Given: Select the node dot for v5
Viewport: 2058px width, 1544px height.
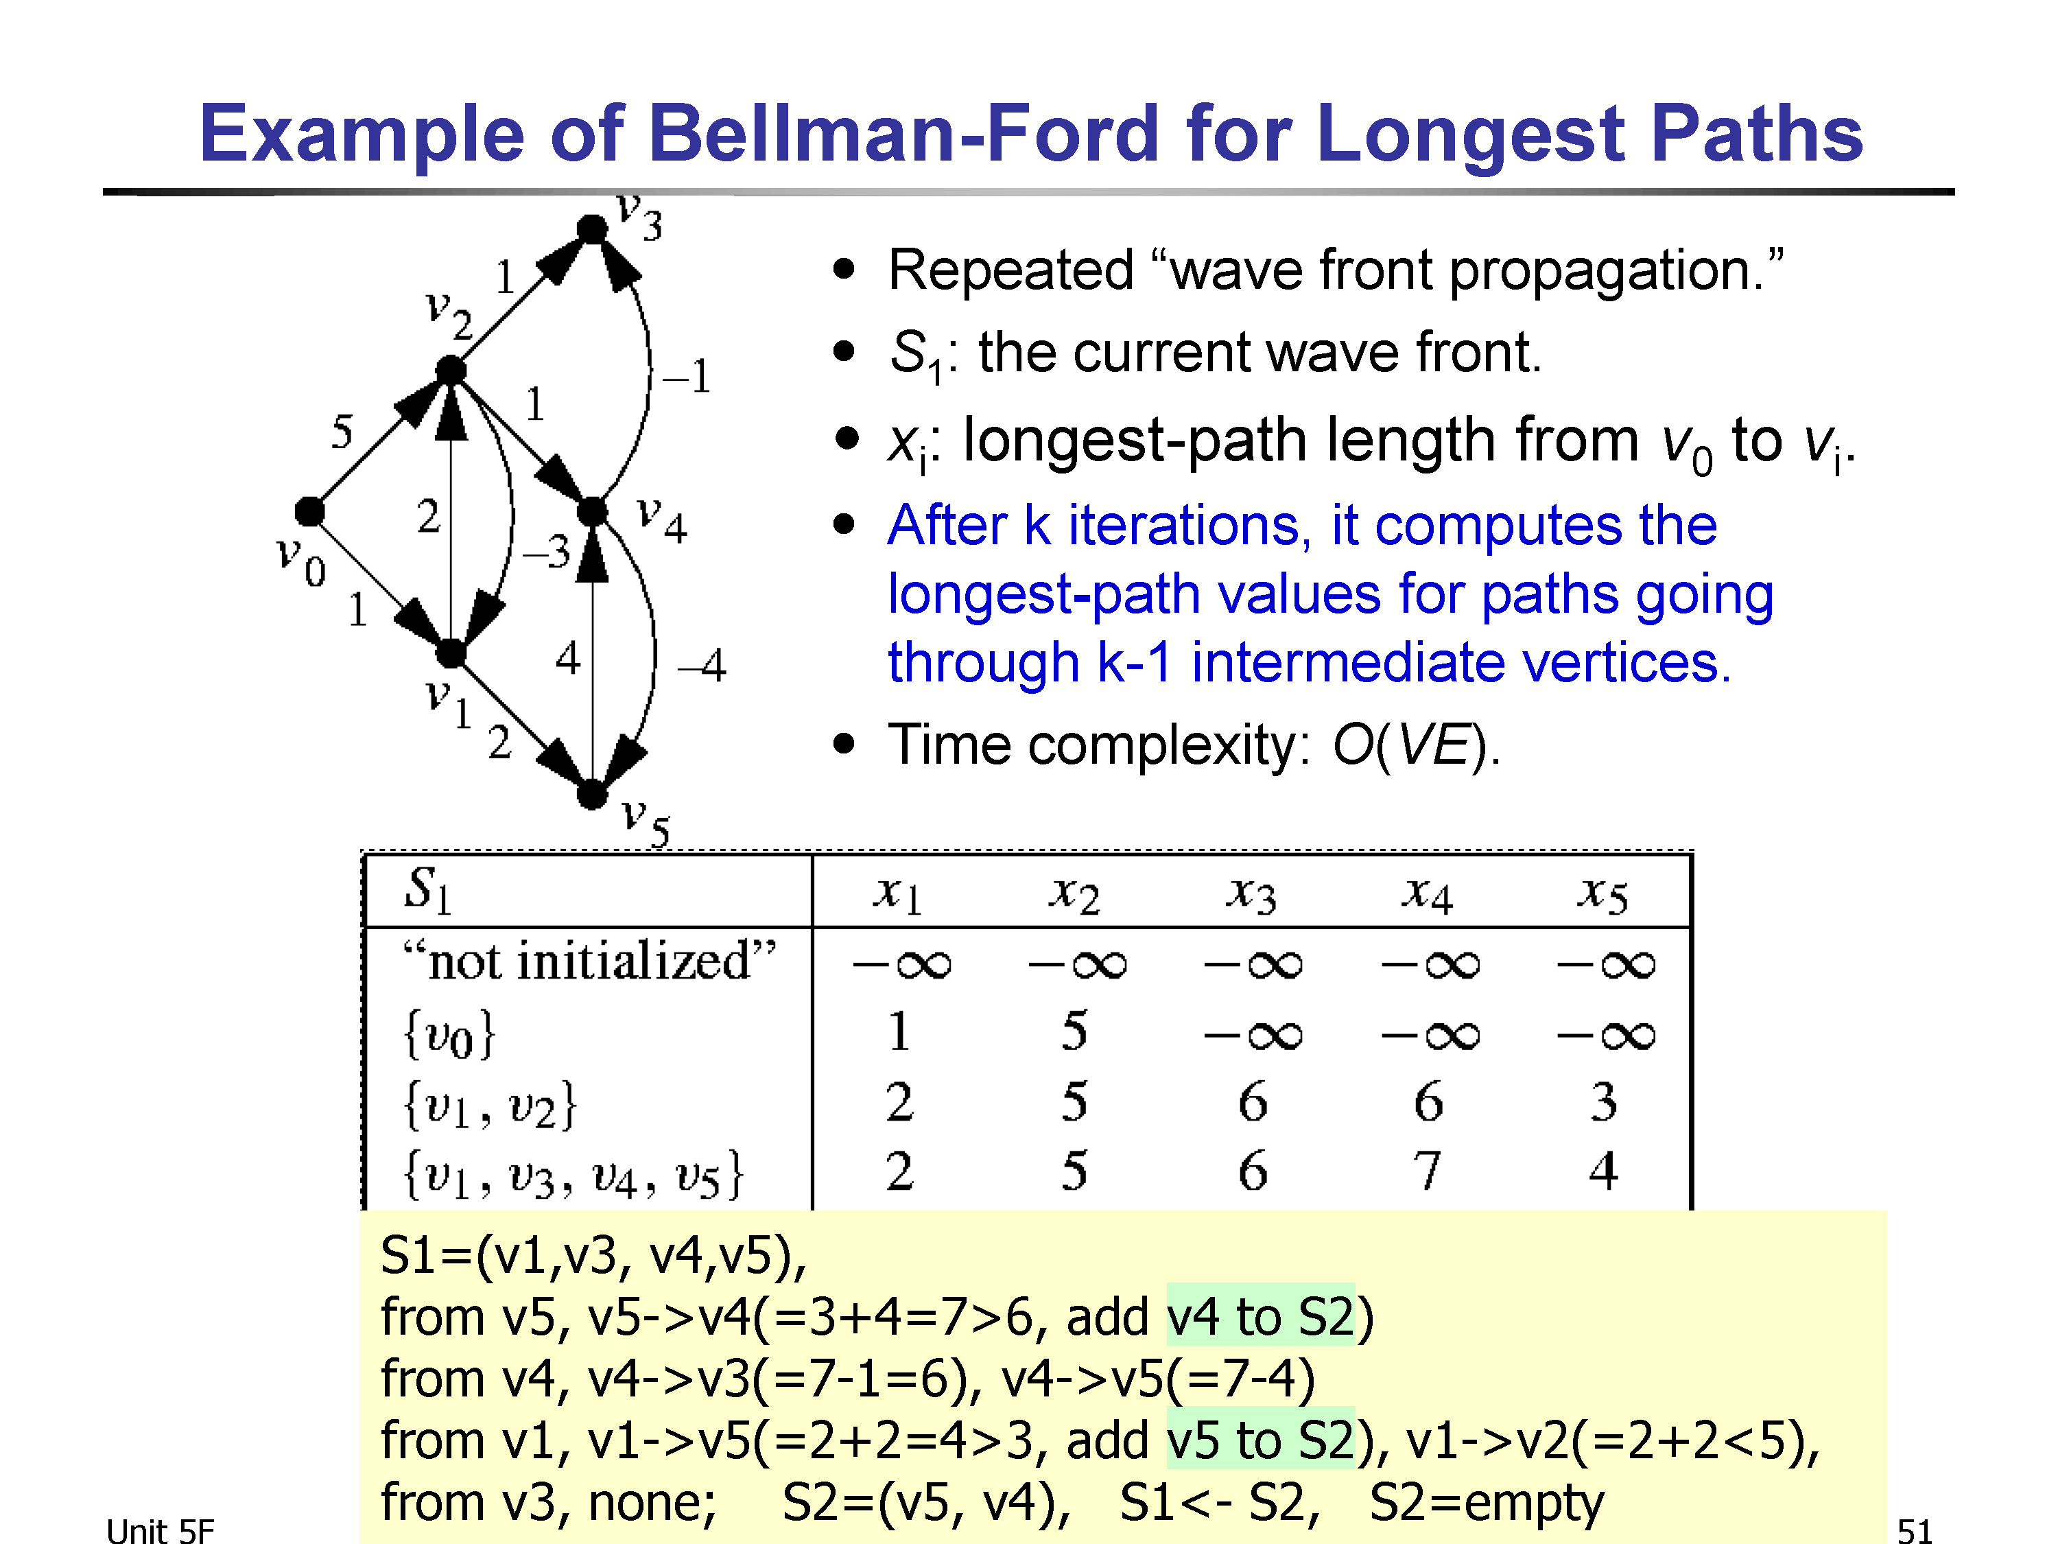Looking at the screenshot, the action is [592, 795].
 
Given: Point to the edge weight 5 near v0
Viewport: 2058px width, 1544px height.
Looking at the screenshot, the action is [342, 432].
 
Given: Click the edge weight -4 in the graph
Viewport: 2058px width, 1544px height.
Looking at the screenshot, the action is [702, 666].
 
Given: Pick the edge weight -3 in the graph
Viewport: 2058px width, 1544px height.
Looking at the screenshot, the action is [547, 552].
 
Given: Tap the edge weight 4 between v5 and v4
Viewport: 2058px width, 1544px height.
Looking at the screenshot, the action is [567, 659].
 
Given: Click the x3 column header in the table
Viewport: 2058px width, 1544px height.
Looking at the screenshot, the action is [1251, 894].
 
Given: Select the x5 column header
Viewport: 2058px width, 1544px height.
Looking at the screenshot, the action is [1602, 894].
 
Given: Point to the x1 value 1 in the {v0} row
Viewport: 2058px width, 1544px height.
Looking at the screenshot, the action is [899, 1031].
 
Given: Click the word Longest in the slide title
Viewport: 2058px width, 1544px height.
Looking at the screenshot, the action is [1470, 136].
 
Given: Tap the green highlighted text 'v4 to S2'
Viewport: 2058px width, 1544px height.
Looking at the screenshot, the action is [1261, 1317].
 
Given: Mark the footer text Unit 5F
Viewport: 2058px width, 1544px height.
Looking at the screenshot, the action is [160, 1531].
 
